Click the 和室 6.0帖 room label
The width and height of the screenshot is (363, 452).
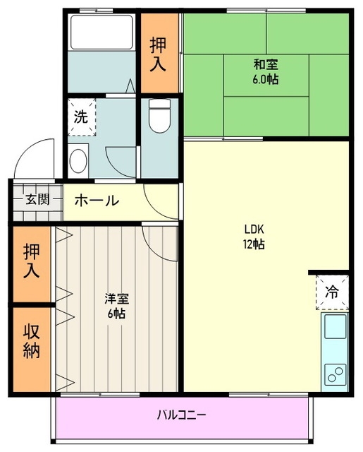(x=266, y=72)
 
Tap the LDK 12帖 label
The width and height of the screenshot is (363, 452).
(x=254, y=237)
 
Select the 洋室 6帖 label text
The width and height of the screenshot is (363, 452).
(x=116, y=306)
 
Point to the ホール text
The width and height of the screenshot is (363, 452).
(x=97, y=201)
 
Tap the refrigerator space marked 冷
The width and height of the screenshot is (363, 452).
(x=331, y=290)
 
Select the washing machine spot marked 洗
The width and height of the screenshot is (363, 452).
(x=82, y=117)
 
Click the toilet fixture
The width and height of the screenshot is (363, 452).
(x=160, y=116)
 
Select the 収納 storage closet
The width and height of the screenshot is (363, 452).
(x=32, y=348)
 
